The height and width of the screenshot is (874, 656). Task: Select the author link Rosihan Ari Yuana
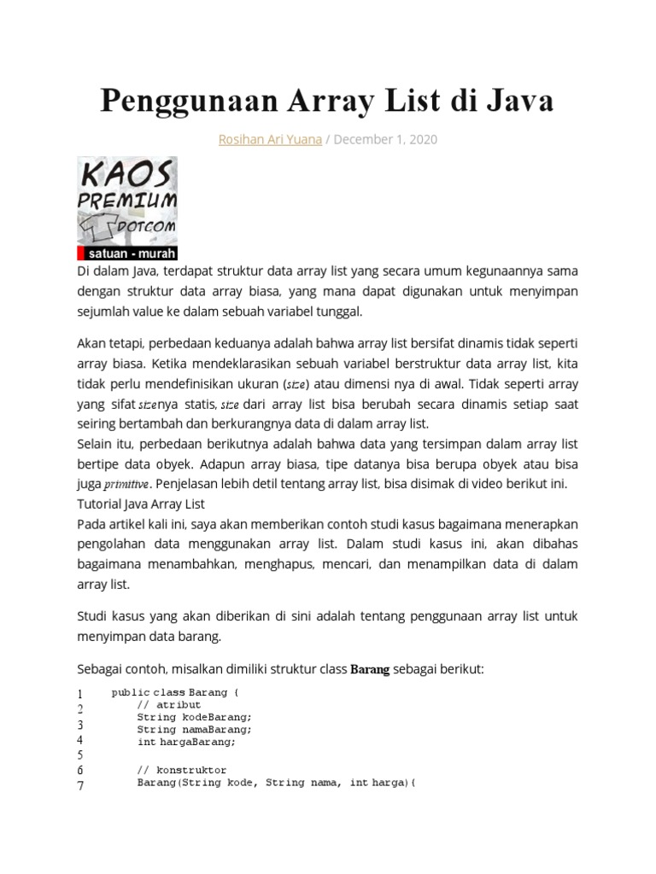(x=267, y=139)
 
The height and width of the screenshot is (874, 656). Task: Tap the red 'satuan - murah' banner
(x=127, y=254)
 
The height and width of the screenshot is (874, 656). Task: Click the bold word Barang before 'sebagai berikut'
(x=370, y=670)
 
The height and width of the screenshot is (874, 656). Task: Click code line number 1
(x=79, y=693)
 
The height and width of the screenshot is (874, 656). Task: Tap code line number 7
(x=79, y=786)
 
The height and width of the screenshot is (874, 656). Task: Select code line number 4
(x=79, y=740)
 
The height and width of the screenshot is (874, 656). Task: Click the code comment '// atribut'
(x=168, y=705)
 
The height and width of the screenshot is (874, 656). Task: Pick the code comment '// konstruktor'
(x=181, y=770)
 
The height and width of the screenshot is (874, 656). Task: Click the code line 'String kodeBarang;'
(x=194, y=717)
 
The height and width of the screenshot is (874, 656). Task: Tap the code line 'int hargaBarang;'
(x=185, y=742)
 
